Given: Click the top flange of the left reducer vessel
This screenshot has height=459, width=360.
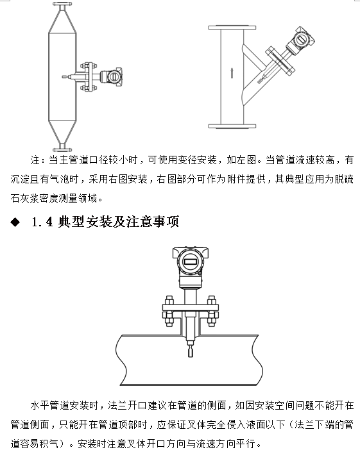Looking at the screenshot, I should (63, 6).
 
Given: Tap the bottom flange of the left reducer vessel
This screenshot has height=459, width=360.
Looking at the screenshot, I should (63, 145).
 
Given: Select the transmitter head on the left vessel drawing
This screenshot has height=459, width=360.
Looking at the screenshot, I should (113, 75).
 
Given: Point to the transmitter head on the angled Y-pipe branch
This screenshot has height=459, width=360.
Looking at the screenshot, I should (299, 40).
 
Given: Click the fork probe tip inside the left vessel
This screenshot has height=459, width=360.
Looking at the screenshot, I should (65, 78).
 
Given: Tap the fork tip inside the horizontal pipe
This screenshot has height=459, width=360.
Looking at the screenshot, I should (190, 351).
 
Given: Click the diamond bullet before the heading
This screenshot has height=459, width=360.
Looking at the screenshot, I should (15, 222).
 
